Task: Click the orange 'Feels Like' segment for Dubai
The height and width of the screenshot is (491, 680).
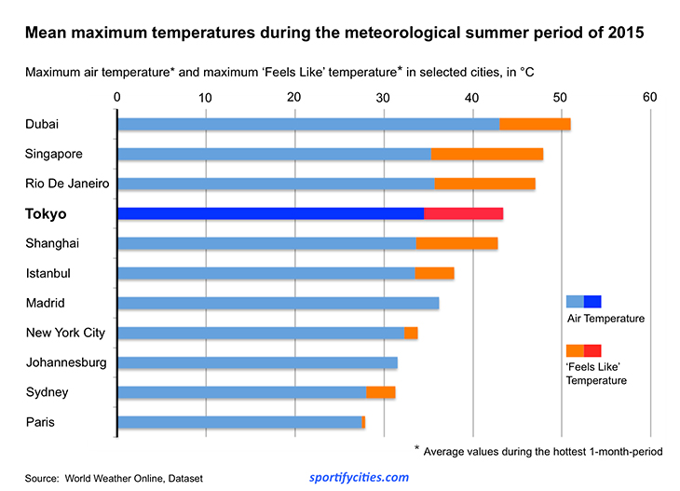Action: click(535, 124)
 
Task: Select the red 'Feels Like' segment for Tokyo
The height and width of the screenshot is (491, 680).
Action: click(464, 213)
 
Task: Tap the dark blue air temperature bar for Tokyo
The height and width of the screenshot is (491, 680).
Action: click(270, 213)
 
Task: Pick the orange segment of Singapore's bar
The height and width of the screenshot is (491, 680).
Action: click(487, 154)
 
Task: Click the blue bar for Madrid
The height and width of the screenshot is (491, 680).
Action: click(278, 303)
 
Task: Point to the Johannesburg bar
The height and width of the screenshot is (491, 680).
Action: click(257, 362)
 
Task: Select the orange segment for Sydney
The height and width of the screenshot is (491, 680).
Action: click(381, 392)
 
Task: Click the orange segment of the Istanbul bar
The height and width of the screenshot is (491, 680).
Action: click(434, 273)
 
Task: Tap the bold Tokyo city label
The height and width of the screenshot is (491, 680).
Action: click(47, 214)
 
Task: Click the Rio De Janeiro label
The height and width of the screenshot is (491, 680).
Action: click(67, 184)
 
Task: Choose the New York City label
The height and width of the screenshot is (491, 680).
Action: click(65, 333)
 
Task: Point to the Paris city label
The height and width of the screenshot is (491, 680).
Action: click(40, 422)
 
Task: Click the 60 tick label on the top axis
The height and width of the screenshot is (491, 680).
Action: click(649, 97)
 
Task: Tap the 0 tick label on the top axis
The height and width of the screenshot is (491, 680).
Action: click(116, 97)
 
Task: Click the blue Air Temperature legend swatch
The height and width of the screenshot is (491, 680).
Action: click(583, 301)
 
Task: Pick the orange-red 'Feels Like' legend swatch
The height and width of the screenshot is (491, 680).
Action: click(583, 350)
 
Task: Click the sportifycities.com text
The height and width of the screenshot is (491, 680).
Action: click(359, 477)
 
